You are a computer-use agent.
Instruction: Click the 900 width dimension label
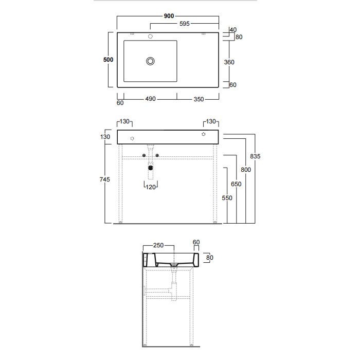[169, 16]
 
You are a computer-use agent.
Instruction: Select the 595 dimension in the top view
[184, 24]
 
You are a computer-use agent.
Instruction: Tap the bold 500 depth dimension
[108, 60]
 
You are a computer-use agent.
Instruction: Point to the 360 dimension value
[229, 62]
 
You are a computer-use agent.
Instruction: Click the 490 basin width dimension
[150, 99]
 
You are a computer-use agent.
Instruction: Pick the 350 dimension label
[199, 99]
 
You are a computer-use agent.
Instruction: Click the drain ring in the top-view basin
[150, 61]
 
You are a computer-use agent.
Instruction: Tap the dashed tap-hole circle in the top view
[150, 37]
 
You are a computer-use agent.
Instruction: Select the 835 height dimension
[255, 156]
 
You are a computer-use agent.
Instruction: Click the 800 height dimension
[246, 170]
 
